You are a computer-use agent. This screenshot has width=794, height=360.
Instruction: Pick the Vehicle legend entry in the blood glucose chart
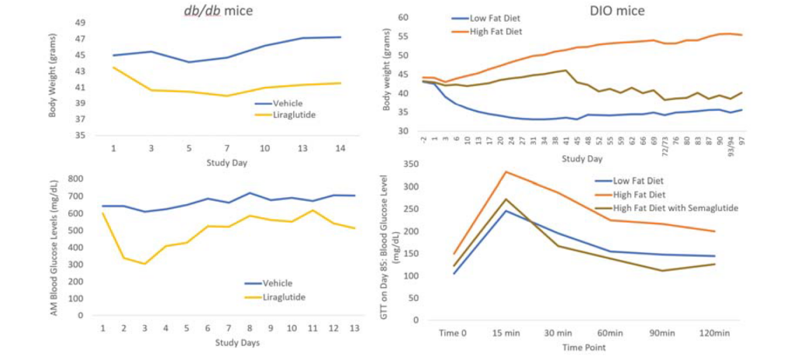(283, 283)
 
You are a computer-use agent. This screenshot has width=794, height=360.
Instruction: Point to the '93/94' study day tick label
(728, 145)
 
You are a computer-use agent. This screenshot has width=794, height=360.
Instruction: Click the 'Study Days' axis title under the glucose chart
(228, 342)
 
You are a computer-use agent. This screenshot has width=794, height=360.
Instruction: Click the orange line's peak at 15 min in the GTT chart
(506, 171)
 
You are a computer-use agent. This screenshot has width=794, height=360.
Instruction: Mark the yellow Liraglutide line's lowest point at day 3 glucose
(144, 264)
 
